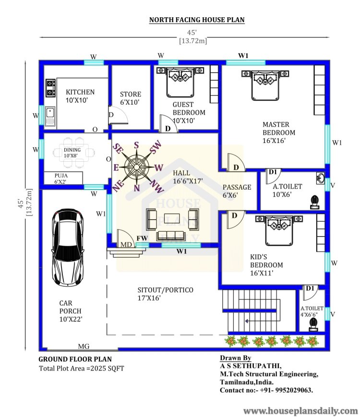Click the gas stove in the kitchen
(50, 87)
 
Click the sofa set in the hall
(172, 223)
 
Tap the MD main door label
(126, 245)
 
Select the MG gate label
(83, 346)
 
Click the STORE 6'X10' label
(131, 98)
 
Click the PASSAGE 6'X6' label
(237, 191)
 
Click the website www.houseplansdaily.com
(300, 410)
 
